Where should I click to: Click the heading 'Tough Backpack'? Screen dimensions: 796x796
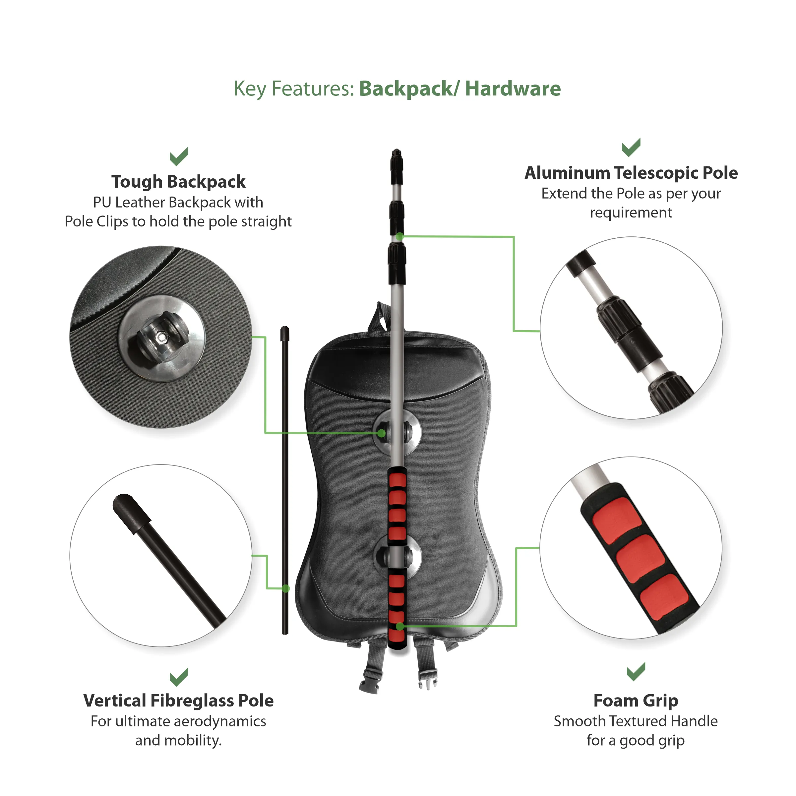point(178,182)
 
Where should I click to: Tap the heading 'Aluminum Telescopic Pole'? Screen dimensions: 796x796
point(631,173)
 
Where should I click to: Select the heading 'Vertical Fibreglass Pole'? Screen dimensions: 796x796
point(178,701)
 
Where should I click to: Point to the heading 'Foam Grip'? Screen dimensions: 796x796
point(636,701)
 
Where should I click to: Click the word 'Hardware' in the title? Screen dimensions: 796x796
point(513,89)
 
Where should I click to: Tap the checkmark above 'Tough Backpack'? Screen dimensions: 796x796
point(179,156)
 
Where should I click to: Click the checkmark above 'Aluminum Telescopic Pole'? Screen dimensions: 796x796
point(631,147)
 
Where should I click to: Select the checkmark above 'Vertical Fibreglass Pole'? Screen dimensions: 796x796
point(179,677)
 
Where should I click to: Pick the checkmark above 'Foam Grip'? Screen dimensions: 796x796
point(636,672)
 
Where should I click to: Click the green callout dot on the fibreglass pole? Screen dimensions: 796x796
point(286,589)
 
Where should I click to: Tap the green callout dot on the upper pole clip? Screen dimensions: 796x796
point(382,433)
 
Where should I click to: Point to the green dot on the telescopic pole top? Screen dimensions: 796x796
point(399,236)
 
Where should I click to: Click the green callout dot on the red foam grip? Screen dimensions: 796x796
point(399,626)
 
